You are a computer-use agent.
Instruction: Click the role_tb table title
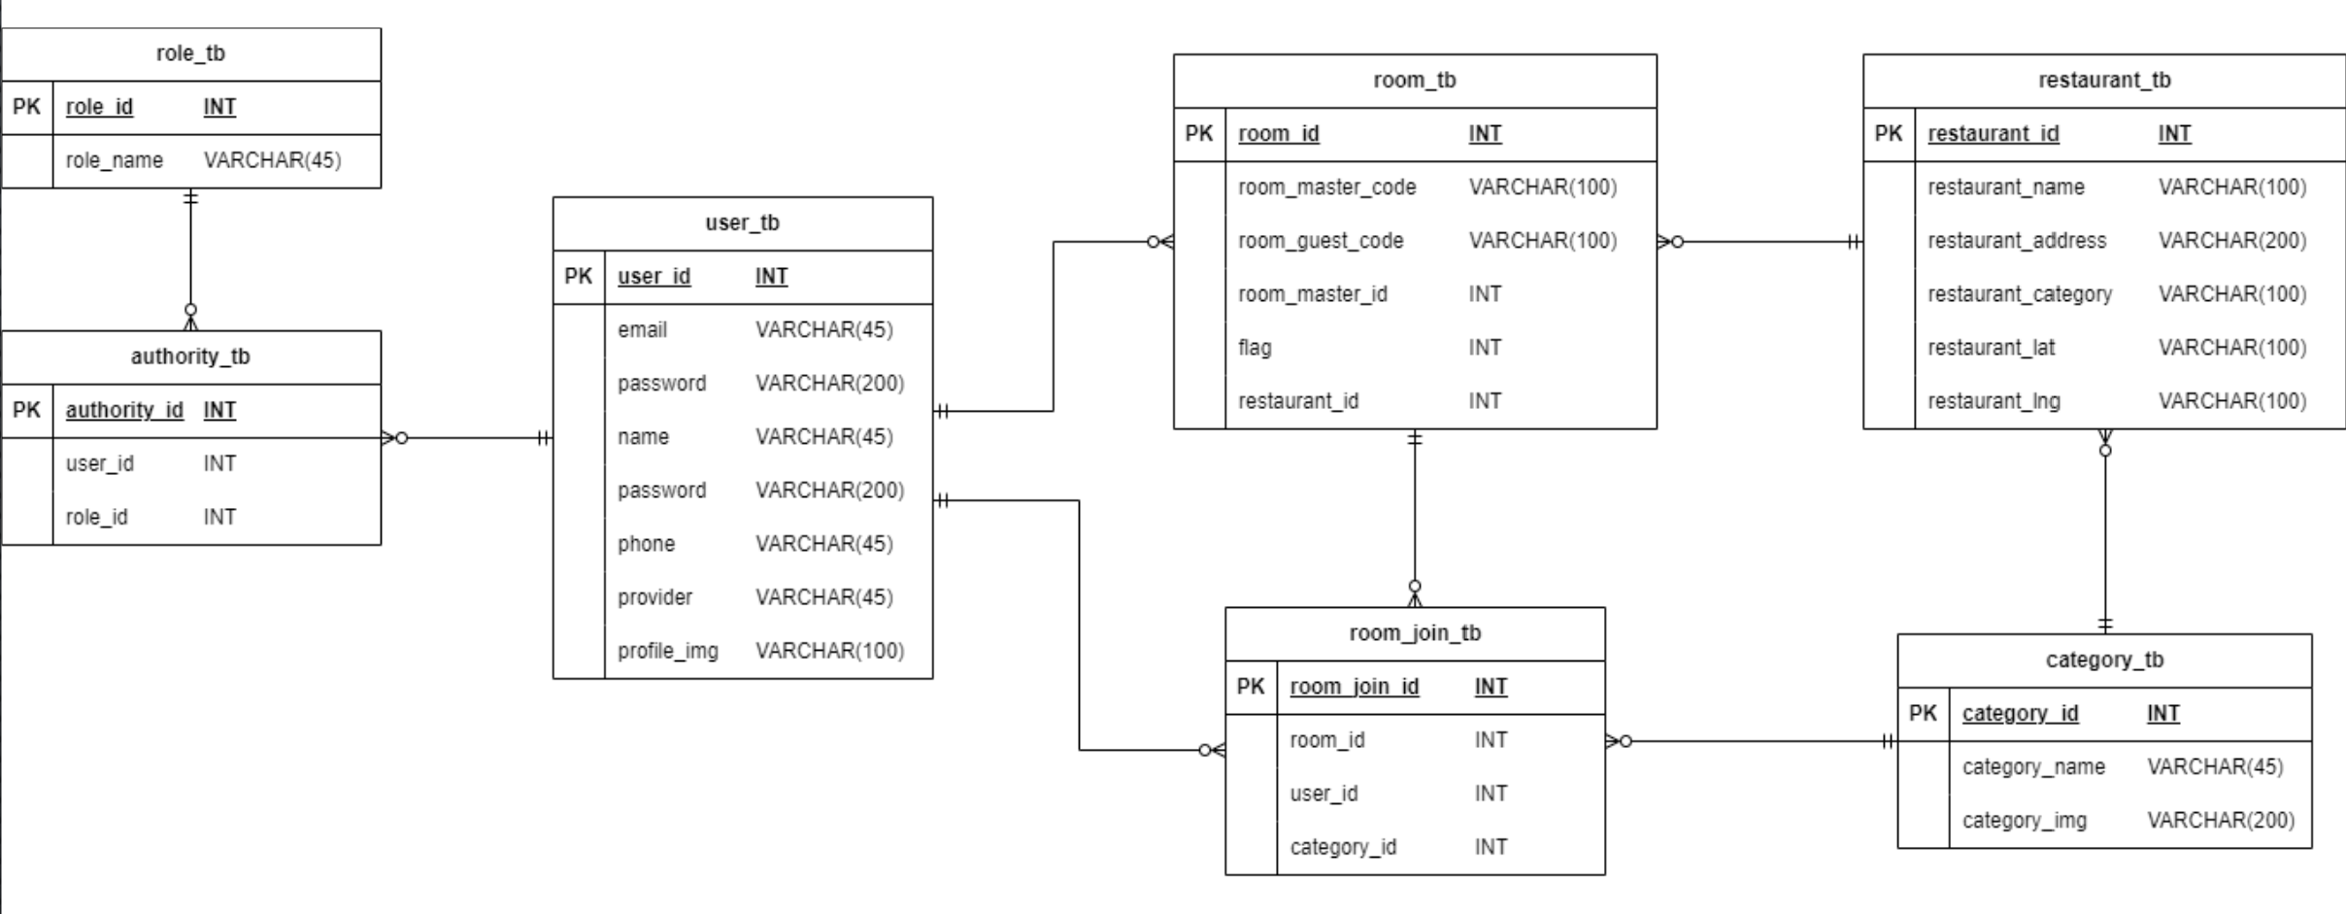click(x=190, y=53)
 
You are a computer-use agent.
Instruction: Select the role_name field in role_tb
click(x=114, y=160)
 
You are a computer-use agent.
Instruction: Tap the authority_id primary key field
click(x=123, y=410)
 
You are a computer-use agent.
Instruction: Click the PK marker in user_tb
click(x=578, y=276)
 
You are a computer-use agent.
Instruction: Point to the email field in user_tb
click(x=642, y=330)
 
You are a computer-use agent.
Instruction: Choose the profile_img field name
click(x=667, y=651)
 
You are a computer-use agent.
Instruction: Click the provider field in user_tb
click(x=654, y=597)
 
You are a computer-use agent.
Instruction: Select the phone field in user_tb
click(x=646, y=544)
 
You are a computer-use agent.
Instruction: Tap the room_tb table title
click(x=1414, y=80)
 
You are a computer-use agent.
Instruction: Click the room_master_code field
click(x=1326, y=187)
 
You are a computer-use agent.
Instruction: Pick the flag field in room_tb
click(x=1254, y=348)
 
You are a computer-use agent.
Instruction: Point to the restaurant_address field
click(x=2016, y=241)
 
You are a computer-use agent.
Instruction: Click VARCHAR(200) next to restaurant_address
click(x=2231, y=241)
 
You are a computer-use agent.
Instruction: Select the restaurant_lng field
click(x=1993, y=401)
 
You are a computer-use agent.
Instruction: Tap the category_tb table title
click(x=2104, y=660)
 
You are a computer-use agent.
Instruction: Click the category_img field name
click(x=2024, y=821)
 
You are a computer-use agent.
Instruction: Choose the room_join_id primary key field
click(x=1354, y=687)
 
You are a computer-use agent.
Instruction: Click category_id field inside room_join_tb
click(x=1342, y=847)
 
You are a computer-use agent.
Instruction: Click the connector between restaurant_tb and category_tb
click(x=2104, y=534)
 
